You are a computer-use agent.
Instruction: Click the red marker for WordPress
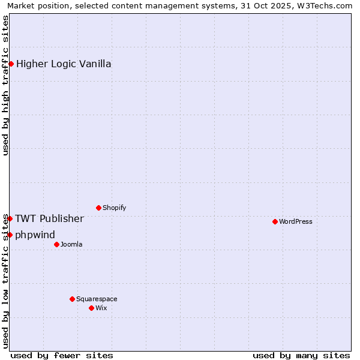275,221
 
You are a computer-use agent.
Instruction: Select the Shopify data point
98,208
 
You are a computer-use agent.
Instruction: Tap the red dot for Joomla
56,244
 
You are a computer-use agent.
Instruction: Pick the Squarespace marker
72,299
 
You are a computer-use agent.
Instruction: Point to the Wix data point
91,308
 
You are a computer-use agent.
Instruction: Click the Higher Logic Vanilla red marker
11,64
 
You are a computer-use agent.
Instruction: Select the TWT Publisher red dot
10,218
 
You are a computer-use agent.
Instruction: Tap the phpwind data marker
10,235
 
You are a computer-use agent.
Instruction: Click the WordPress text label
296,221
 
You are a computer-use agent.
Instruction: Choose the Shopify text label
114,208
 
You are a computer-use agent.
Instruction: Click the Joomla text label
71,244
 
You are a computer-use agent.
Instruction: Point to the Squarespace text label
97,299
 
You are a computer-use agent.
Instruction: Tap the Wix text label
101,308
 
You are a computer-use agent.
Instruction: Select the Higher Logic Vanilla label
64,64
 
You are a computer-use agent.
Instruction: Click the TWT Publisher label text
49,218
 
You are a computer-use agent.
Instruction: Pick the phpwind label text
35,235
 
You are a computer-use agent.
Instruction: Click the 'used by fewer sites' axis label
62,355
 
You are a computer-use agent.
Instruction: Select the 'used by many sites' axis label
301,355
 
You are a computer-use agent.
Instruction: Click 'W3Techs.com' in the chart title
327,5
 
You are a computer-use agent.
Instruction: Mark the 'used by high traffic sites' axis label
5,85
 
